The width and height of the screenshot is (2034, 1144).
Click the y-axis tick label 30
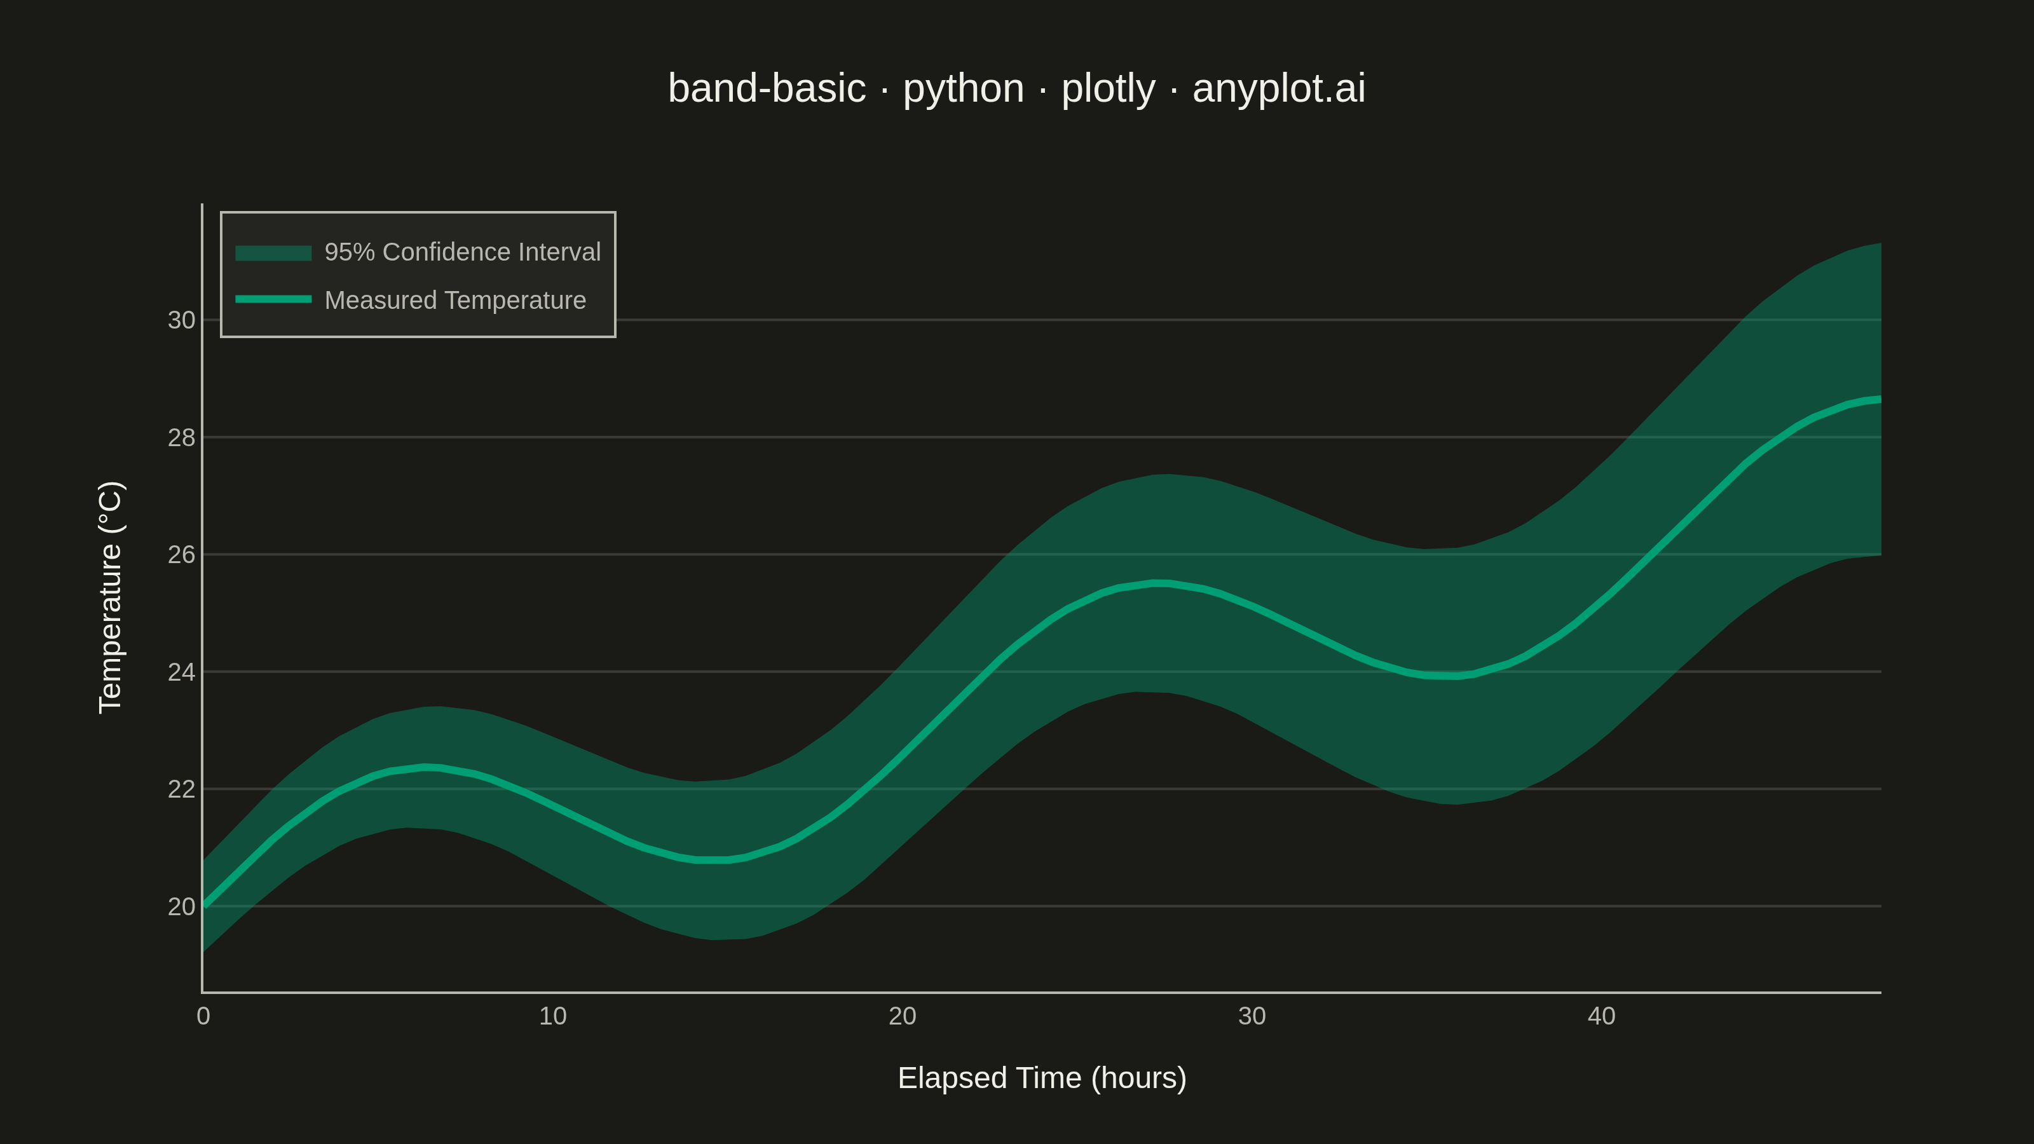(181, 320)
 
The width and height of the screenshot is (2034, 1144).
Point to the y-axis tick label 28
(181, 437)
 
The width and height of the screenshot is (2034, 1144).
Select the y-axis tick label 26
(181, 554)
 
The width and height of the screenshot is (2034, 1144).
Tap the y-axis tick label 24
(181, 672)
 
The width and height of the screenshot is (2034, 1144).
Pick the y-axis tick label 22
(181, 789)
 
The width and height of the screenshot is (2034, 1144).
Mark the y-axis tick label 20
(181, 906)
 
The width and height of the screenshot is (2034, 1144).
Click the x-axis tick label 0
(203, 1016)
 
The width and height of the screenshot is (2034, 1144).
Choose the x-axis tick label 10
(553, 1016)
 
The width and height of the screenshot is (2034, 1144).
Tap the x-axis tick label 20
(903, 1016)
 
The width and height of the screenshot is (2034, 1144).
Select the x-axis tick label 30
(1252, 1016)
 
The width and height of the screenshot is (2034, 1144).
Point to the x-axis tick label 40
(1601, 1016)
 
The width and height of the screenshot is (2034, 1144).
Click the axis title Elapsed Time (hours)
(1042, 1079)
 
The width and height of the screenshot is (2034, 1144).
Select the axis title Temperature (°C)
(111, 597)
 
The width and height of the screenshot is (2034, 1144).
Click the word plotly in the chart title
(1109, 88)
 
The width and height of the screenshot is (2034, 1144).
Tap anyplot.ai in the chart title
(1279, 88)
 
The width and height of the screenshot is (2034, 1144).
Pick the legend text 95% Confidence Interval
(463, 252)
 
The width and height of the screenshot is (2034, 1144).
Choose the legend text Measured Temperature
(456, 300)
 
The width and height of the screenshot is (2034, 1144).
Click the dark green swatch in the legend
(273, 253)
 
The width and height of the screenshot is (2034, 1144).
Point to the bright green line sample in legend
(273, 299)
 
